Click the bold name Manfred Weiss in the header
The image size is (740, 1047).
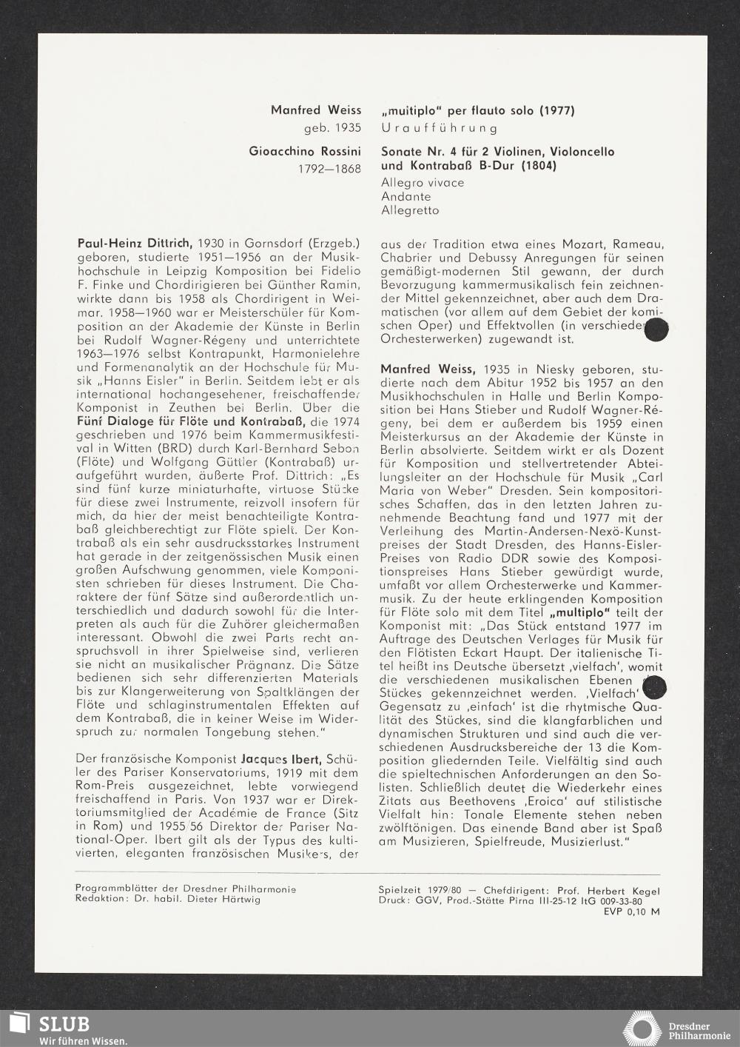(x=316, y=110)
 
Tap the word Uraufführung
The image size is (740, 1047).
(x=440, y=127)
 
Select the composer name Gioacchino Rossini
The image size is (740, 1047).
(x=305, y=152)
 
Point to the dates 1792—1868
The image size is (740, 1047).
(x=329, y=169)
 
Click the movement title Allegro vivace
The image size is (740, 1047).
(x=423, y=182)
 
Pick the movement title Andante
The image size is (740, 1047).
(x=406, y=196)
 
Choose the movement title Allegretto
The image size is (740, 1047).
(x=410, y=210)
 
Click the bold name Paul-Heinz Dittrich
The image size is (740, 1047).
(x=135, y=243)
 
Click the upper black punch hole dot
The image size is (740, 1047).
(x=656, y=330)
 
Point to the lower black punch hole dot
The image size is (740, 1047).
(x=656, y=688)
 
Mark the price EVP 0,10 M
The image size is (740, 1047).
(x=631, y=911)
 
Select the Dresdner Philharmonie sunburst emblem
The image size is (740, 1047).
(x=641, y=1030)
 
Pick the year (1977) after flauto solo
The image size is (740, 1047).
(x=556, y=110)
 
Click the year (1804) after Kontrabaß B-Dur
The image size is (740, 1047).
(x=538, y=166)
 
